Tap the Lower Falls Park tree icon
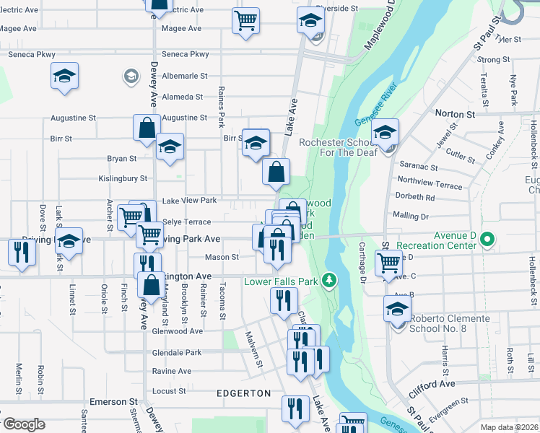click(330, 280)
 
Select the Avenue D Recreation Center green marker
click(487, 238)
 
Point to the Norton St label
click(455, 114)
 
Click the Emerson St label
click(113, 401)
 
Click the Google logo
click(23, 424)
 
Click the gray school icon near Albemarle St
click(131, 76)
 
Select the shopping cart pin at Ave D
click(388, 262)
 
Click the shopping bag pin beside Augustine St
click(147, 127)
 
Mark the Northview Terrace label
click(430, 185)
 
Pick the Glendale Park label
click(177, 353)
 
